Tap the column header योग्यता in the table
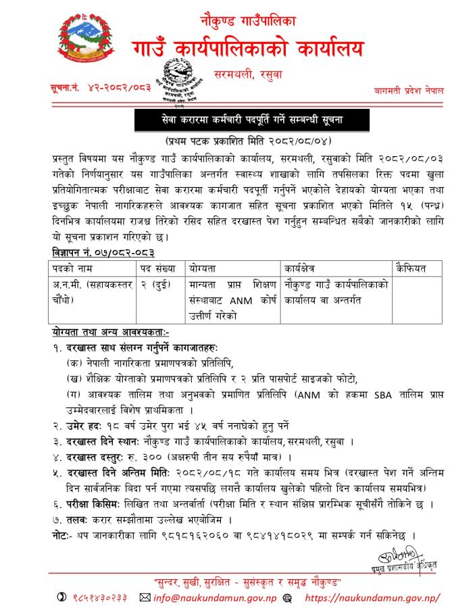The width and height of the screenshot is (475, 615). tap(203, 268)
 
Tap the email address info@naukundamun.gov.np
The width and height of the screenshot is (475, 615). tap(207, 597)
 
